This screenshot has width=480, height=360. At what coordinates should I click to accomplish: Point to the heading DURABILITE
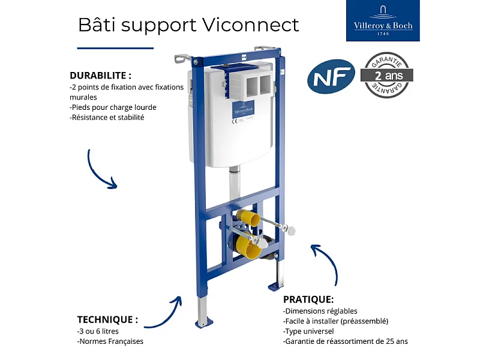coord(100,76)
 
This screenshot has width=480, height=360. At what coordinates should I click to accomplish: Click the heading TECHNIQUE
coord(107,319)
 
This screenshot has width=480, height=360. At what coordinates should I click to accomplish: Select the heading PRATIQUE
coord(308,299)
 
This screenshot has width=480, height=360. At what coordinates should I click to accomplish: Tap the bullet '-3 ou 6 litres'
coord(98,331)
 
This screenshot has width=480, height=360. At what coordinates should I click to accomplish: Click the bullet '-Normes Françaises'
coord(110,342)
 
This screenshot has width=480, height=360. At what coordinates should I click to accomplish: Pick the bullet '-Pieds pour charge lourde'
coord(113,107)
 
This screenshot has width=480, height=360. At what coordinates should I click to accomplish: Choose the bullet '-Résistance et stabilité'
coord(107,118)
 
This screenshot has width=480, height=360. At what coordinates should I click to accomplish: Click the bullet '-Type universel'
coord(308,331)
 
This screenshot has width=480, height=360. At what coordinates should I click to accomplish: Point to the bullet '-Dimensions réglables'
coord(320,311)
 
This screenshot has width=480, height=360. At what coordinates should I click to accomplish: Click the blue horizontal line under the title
coord(115,48)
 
